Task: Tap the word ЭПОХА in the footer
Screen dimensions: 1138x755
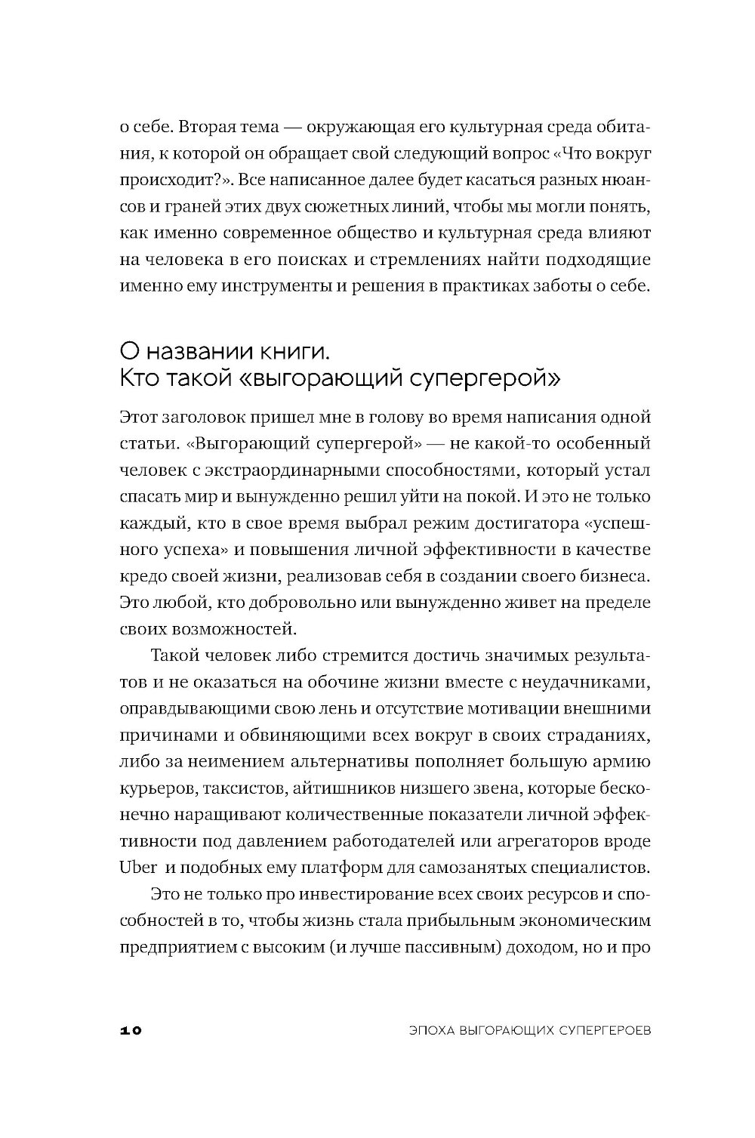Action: coord(427,1030)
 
